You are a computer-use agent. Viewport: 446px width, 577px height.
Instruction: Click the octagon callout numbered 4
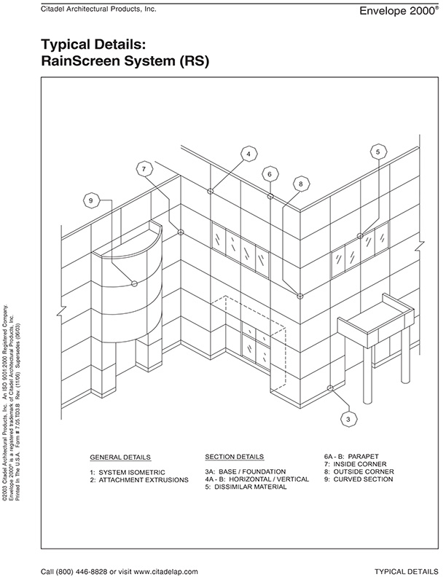point(249,154)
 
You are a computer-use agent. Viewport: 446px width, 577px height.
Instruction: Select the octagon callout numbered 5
point(377,152)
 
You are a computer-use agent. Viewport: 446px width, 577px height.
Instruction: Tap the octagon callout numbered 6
point(270,174)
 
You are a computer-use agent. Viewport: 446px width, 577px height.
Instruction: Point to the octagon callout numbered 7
point(144,169)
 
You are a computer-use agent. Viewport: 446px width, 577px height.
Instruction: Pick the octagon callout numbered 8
point(300,184)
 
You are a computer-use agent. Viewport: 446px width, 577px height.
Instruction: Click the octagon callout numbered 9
point(91,200)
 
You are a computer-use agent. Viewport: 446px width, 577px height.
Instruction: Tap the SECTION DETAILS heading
point(234,457)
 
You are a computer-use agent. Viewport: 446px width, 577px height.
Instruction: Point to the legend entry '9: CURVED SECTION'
point(360,479)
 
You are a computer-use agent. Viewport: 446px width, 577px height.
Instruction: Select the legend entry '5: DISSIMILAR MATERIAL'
point(246,487)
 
